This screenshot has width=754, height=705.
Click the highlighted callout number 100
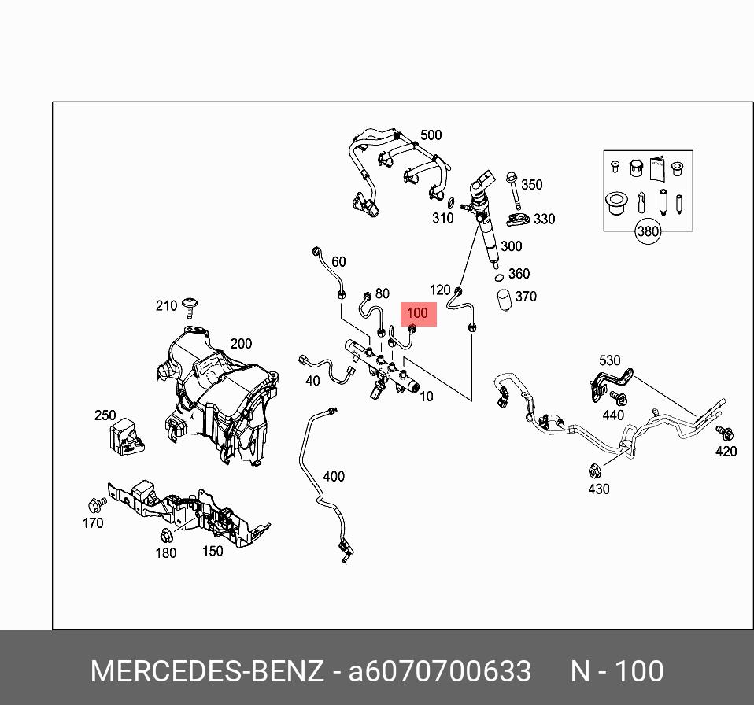pos(416,313)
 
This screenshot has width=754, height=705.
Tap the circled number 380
pos(648,231)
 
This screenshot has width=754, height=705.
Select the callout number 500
pos(431,135)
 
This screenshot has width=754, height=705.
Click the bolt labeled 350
pos(512,187)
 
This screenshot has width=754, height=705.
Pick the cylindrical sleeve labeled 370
pos(504,301)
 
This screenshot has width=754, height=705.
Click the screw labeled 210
pos(189,305)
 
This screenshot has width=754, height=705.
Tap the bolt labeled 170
pos(98,503)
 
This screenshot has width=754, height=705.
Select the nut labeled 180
pos(165,537)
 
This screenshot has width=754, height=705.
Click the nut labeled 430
pos(596,471)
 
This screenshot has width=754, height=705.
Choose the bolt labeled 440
pos(618,398)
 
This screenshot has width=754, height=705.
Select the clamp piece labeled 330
pos(518,219)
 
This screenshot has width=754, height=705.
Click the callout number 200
pos(241,344)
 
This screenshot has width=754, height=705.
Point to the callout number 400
pos(334,476)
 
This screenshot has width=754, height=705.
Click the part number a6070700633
pos(440,672)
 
